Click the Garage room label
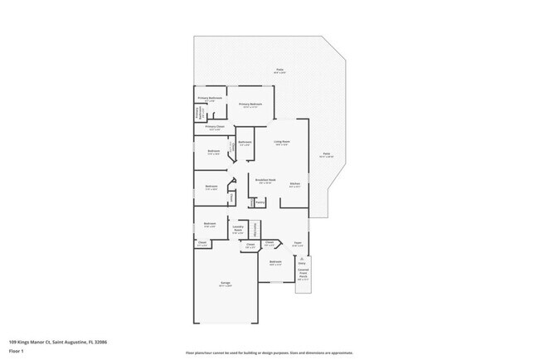pos(226,285)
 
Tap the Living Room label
pos(282,143)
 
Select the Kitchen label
pos(294,184)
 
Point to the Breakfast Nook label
pos(265,180)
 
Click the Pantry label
pos(260,201)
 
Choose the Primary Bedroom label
pos(250,105)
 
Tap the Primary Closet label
pos(214,127)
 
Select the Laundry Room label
pos(238,231)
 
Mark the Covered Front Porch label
pos(303,274)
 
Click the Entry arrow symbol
pos(303,260)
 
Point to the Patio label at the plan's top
pos(279,71)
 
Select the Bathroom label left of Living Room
pos(245,143)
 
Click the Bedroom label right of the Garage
pos(274,263)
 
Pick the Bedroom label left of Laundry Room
pos(211,224)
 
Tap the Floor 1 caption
pos(17,351)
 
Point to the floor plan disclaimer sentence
pos(269,353)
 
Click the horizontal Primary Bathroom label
pos(210,99)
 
